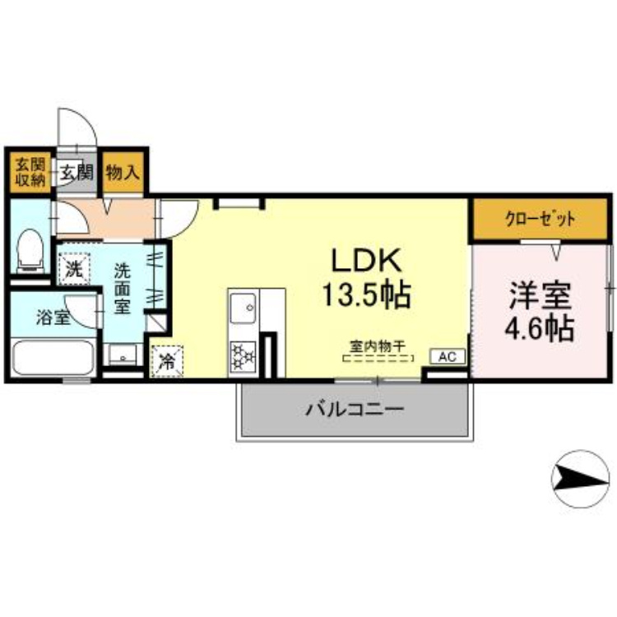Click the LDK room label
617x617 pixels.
367,260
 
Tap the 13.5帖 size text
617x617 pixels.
367,295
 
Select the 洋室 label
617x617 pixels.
540,296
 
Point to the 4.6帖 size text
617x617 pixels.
540,327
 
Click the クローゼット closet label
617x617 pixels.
540,219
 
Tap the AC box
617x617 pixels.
448,356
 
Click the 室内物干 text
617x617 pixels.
378,346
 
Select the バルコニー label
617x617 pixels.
355,410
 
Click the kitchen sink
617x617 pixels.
243,308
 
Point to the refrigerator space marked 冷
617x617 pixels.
167,361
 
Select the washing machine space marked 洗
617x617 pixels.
74,269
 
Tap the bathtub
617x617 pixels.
53,358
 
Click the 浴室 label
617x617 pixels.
53,318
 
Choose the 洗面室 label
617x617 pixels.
122,289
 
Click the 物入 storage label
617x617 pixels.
123,173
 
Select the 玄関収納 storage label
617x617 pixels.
30,173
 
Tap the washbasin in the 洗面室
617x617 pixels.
123,355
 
